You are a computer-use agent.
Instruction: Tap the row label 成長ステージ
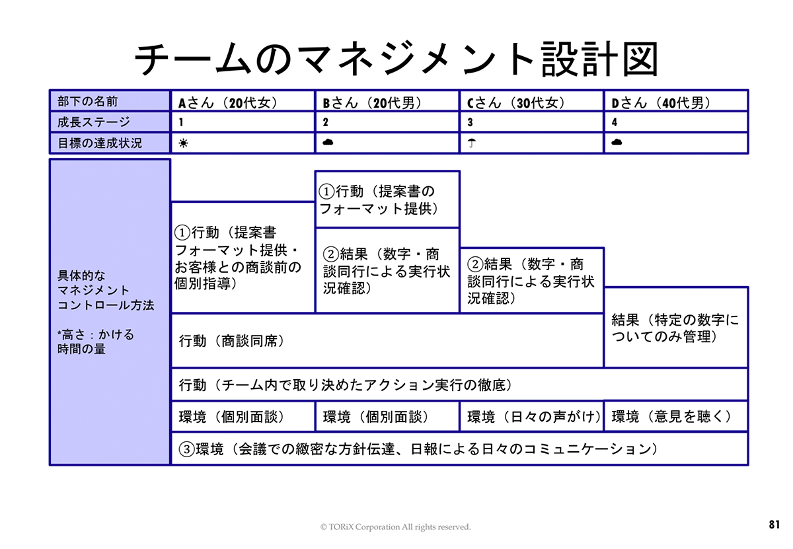pyautogui.click(x=94, y=122)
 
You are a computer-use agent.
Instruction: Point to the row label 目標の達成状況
pyautogui.click(x=100, y=143)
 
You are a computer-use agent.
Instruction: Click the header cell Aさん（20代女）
pyautogui.click(x=227, y=102)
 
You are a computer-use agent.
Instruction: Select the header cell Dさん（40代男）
pyautogui.click(x=660, y=102)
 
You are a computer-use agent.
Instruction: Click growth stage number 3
pyautogui.click(x=471, y=122)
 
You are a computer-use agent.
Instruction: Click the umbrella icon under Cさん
pyautogui.click(x=472, y=143)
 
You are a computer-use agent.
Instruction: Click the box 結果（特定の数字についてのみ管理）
pyautogui.click(x=675, y=328)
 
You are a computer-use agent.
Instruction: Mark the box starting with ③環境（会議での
pyautogui.click(x=419, y=449)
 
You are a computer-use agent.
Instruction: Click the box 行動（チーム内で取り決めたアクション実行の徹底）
pyautogui.click(x=346, y=384)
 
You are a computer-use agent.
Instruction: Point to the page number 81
pyautogui.click(x=774, y=525)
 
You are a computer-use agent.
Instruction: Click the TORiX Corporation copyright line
pyautogui.click(x=395, y=527)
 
